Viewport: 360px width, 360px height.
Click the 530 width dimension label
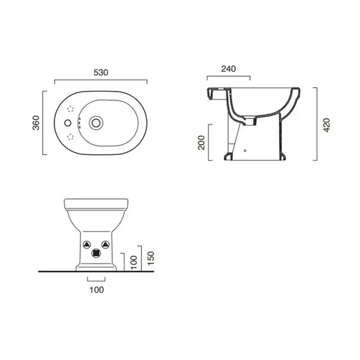[101, 73]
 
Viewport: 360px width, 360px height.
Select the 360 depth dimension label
[36, 123]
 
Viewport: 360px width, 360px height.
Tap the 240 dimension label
[229, 69]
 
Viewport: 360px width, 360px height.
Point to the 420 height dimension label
[326, 125]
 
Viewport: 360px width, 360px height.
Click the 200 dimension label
[202, 143]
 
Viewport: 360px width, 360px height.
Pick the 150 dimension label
[151, 259]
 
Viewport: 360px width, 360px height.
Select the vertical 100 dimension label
[134, 262]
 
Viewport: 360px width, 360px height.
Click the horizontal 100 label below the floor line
[97, 290]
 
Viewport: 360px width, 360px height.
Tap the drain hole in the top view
[96, 123]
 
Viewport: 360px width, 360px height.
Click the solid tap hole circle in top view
[68, 123]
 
